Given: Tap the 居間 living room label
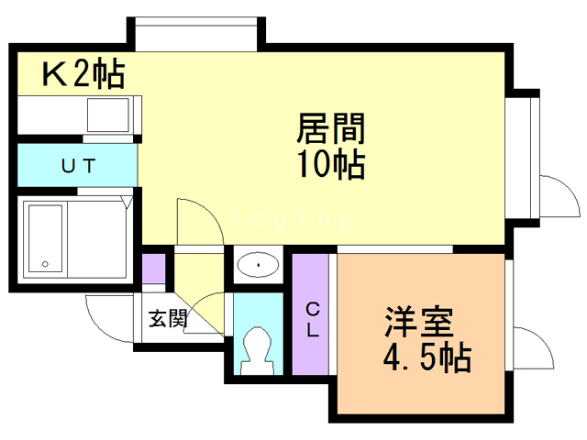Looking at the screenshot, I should click(331, 128).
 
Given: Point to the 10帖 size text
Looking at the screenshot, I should click(331, 166).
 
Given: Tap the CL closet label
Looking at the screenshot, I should click(312, 318).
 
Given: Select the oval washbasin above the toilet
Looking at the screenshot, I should click(260, 266).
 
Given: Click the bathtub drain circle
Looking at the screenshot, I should click(44, 265).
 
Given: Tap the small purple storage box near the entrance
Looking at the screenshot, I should click(154, 269).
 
